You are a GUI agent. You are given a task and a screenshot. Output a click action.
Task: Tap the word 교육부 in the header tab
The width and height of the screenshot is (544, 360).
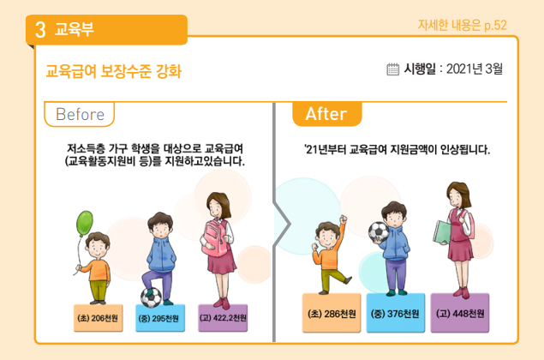(75, 30)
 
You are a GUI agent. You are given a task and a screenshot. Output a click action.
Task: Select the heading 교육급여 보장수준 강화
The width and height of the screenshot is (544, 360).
(114, 70)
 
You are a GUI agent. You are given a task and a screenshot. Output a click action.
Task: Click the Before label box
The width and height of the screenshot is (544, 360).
(80, 114)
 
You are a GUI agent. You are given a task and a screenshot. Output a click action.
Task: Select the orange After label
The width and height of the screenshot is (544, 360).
(325, 114)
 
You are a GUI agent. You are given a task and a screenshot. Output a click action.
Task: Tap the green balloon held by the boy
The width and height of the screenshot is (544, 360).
(86, 225)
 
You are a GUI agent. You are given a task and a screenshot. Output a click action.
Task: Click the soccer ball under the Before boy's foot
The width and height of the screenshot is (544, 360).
(151, 296)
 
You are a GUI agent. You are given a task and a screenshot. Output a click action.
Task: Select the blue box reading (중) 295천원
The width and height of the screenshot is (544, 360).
(159, 317)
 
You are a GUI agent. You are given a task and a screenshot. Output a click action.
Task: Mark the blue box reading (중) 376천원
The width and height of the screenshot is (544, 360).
(394, 314)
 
